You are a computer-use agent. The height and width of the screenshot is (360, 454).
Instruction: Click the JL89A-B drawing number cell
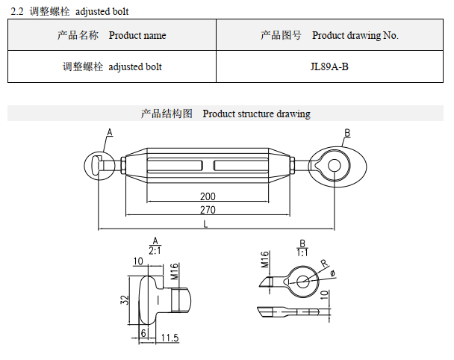[x=329, y=66]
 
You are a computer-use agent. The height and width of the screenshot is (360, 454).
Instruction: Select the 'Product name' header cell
[x=112, y=35]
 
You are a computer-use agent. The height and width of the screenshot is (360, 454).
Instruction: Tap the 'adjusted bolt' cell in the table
[x=112, y=66]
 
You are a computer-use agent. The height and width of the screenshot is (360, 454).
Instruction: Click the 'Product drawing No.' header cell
[x=329, y=35]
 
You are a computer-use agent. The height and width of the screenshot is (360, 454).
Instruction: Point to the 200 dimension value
[x=208, y=196]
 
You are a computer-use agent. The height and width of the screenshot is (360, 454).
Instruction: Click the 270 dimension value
[x=208, y=210]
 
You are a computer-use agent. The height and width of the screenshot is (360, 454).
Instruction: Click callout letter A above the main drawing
[x=109, y=132]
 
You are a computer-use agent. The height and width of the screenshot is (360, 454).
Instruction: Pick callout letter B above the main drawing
[x=346, y=133]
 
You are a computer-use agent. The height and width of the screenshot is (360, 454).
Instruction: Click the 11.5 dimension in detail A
[x=170, y=338]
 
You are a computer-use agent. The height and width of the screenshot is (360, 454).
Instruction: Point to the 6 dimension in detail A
[x=143, y=333]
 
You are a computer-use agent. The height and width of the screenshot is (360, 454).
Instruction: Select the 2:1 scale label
[x=155, y=251]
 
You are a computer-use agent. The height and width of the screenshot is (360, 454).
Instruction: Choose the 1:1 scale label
[x=302, y=252]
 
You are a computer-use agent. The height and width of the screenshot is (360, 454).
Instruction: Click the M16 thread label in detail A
[x=173, y=271]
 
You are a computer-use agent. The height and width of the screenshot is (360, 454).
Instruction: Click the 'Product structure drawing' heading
[x=226, y=114]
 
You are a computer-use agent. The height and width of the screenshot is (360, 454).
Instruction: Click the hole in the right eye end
[x=334, y=164]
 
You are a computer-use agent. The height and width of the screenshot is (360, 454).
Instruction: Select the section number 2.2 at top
[x=17, y=11]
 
